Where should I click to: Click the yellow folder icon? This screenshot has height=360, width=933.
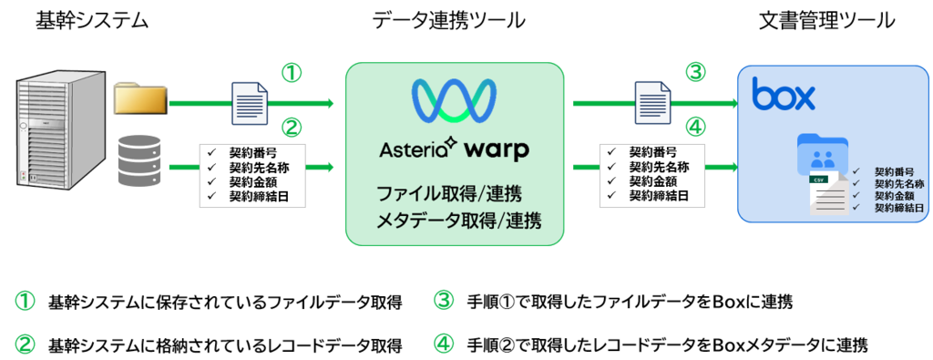tap(140, 99)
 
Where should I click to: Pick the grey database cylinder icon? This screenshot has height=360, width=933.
tap(141, 163)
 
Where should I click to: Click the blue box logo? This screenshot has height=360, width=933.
tap(783, 94)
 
